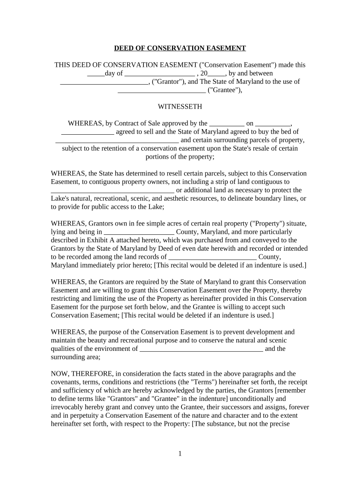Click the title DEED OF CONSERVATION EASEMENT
tap(180, 48)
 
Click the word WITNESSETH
tap(180, 107)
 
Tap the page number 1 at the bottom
tap(180, 453)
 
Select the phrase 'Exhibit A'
tap(96, 240)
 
